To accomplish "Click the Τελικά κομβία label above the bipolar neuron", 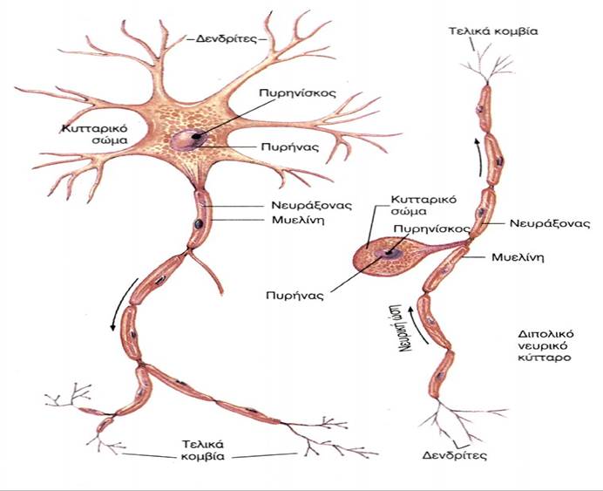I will pos(493,30).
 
